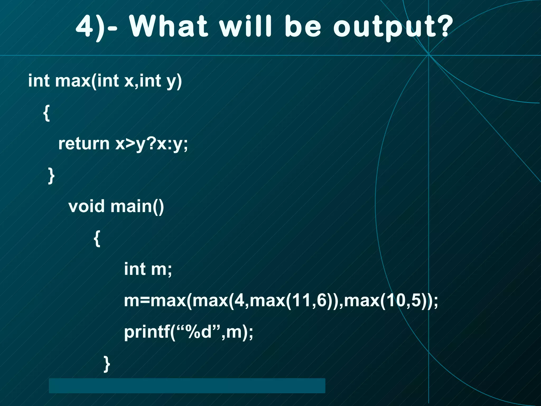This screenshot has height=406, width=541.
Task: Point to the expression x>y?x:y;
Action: point(152,144)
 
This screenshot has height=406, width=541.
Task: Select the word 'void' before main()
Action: point(86,206)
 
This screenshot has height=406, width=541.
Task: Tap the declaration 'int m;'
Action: point(148,269)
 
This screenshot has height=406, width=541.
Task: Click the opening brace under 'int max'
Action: point(46,113)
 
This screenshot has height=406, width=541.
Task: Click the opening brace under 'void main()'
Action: point(97,238)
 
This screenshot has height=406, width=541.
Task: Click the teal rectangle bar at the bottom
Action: point(187,385)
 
